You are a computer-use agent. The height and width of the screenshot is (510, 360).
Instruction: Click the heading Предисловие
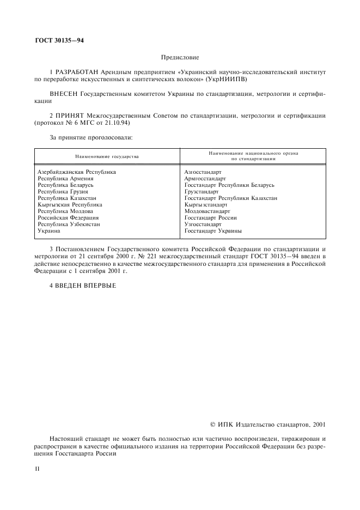(180, 57)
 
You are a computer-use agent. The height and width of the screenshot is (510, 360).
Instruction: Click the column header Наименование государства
(107, 156)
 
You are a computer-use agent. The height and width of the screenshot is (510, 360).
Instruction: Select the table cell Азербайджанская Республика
(76, 172)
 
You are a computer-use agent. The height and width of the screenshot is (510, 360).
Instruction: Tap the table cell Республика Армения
(65, 178)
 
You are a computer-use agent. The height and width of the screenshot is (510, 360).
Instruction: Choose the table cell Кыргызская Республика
(69, 204)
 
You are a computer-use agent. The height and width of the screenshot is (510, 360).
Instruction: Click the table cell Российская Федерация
(68, 217)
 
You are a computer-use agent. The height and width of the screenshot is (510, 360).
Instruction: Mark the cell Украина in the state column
(48, 230)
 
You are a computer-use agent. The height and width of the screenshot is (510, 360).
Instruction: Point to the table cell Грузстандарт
(201, 191)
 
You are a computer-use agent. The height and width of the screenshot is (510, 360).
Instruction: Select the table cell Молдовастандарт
(207, 211)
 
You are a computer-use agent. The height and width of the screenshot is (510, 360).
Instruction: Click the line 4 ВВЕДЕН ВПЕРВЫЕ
(83, 286)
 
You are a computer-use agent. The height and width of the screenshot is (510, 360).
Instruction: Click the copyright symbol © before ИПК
(212, 423)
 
